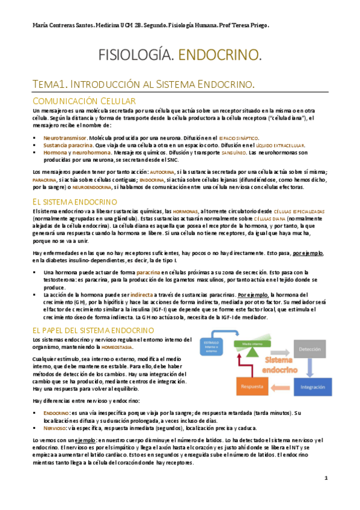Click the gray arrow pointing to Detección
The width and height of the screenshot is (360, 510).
coord(284,346)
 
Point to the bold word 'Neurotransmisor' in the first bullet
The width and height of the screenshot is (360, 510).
coord(64,138)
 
